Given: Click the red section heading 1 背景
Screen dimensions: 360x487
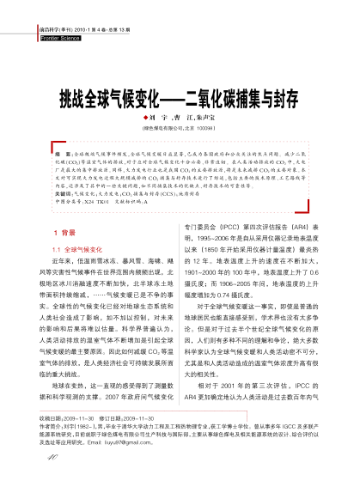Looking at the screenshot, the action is (64, 232).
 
